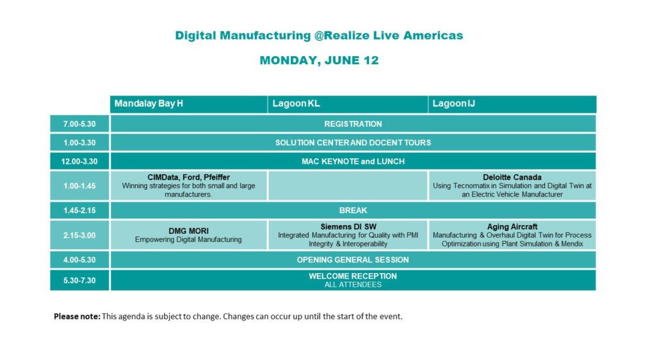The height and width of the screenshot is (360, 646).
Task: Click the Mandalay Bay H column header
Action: (149, 103)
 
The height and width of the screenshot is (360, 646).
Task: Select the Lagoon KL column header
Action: (296, 103)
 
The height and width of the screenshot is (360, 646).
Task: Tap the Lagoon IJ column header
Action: (454, 103)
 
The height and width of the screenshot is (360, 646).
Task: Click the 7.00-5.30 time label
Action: (79, 124)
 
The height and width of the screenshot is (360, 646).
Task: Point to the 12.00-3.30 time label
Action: (79, 161)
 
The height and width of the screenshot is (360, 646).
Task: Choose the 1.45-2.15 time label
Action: (79, 211)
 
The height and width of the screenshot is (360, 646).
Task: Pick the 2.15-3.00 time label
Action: (79, 235)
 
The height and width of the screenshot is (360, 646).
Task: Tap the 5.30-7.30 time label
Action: (79, 281)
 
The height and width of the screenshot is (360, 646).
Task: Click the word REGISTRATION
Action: (353, 124)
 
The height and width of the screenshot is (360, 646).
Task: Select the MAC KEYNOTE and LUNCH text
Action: (353, 161)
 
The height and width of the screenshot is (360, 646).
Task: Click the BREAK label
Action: (353, 211)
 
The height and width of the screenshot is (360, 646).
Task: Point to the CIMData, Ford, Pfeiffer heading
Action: (189, 178)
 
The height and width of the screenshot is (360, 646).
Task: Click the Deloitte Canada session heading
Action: (512, 178)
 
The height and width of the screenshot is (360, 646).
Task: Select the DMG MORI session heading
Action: (189, 231)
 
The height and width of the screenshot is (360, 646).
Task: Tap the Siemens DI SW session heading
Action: (348, 226)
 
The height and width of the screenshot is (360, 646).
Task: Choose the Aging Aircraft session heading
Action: (512, 226)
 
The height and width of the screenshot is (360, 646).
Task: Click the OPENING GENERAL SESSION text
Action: (353, 260)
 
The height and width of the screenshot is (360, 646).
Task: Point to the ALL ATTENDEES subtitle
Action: (353, 284)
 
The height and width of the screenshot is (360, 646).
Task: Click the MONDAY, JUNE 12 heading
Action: (319, 61)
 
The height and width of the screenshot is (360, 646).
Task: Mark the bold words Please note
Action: (77, 316)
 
